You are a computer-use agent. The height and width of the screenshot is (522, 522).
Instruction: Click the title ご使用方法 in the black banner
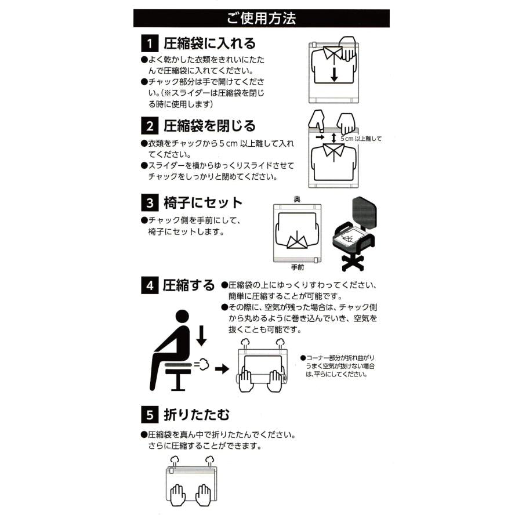261,19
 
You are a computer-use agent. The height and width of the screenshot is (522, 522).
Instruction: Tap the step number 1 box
150,43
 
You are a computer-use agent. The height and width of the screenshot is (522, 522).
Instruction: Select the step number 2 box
150,125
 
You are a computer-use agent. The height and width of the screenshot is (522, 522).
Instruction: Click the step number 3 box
150,202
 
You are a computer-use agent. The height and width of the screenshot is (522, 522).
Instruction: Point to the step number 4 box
150,285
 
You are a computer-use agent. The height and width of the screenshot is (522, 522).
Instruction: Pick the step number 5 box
150,415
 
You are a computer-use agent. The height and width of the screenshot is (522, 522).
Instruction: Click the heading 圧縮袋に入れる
210,43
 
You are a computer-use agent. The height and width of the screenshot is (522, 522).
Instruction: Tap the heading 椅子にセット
203,202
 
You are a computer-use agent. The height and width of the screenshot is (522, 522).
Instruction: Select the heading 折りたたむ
197,415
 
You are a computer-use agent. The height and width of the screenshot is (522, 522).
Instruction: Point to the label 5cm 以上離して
361,139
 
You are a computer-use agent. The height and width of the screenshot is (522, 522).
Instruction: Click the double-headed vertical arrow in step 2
334,138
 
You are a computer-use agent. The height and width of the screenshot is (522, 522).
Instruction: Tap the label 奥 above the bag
297,199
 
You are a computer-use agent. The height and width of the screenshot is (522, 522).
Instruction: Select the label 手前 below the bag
298,267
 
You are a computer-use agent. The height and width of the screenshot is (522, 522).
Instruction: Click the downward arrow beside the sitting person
201,336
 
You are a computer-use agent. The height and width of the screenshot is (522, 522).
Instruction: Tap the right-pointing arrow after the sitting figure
222,369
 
